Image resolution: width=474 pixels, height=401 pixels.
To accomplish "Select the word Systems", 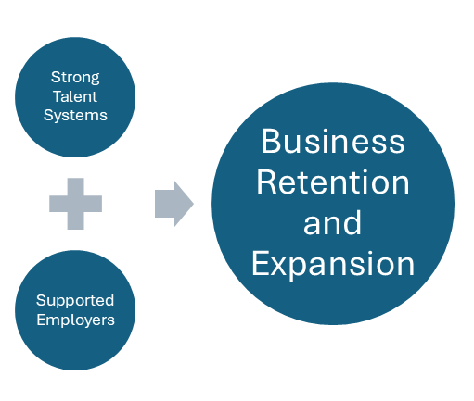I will tap(74, 116).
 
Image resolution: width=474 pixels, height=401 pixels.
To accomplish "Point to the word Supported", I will tap(75, 300).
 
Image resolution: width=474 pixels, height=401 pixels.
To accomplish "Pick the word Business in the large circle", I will tap(333, 142).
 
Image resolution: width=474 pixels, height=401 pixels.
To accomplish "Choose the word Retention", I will tap(333, 182).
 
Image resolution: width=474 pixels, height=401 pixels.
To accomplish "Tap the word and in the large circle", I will tap(333, 223).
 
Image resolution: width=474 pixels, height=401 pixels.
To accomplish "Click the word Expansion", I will tap(333, 264).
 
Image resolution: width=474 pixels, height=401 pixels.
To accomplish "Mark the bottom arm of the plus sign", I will tap(75, 221).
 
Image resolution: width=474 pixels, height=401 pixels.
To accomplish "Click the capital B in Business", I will tap(270, 142).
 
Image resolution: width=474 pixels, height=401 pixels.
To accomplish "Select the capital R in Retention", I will tap(266, 182).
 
